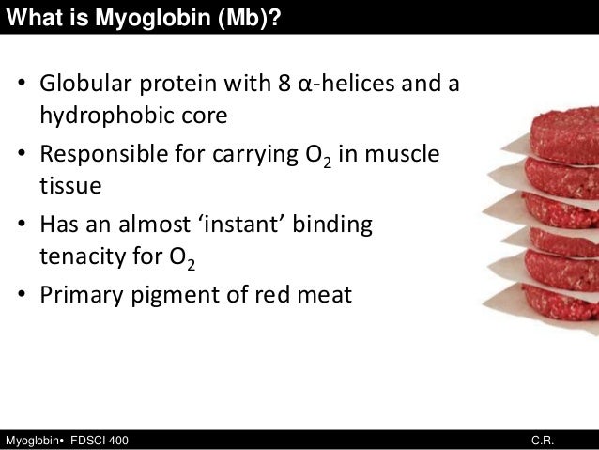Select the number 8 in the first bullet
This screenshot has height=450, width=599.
284,87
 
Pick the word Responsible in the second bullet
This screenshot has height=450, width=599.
102,155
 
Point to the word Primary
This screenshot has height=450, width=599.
78,296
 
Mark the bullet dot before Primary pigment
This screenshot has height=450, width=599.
21,296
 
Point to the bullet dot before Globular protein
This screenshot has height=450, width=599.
21,88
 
